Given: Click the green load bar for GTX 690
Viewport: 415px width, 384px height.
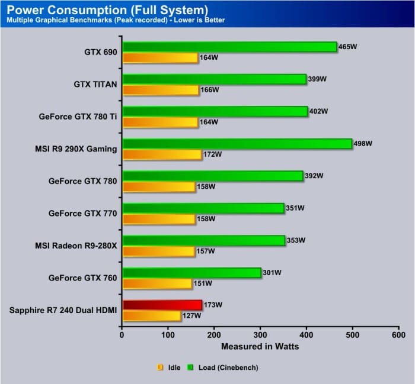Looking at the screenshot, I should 229,47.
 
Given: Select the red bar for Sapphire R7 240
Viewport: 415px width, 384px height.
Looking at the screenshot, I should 162,305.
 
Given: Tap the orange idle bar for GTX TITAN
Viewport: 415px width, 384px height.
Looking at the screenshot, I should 160,90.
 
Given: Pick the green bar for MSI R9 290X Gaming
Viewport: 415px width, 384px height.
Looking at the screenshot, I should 237,144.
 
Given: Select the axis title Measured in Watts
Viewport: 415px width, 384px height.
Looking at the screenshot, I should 260,346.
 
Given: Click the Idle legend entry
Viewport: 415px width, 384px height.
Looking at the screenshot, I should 173,367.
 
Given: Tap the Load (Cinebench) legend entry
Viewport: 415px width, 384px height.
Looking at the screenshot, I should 228,367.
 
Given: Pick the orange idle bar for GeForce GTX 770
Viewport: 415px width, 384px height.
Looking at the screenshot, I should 158,219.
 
